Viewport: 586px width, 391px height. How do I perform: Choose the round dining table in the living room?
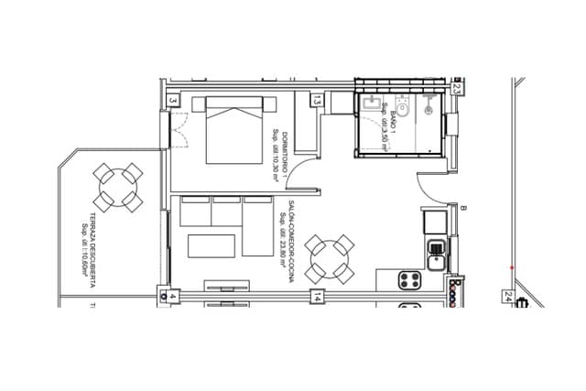(330, 259)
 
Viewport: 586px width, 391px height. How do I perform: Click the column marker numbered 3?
(172, 101)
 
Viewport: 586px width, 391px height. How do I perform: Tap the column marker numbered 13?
(317, 100)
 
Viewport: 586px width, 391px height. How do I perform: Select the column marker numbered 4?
(170, 297)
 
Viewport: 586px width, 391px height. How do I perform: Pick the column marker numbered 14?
(317, 297)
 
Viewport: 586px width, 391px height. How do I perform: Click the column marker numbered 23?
(456, 89)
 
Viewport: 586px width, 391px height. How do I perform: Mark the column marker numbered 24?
(506, 296)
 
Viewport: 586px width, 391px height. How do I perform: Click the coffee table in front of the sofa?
(210, 246)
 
